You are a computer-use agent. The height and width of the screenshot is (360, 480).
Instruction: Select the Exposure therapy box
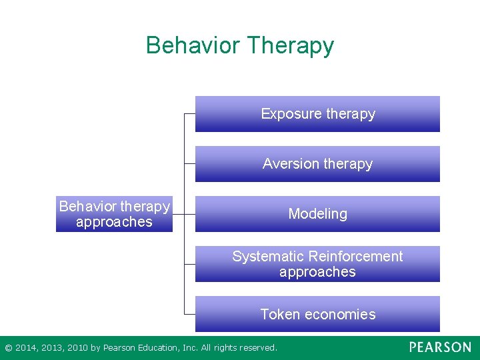[317, 114]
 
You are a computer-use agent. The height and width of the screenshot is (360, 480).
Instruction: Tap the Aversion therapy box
[317, 164]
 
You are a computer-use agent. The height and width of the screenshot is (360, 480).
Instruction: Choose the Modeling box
[317, 214]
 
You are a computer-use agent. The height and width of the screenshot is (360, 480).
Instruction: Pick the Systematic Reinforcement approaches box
[317, 264]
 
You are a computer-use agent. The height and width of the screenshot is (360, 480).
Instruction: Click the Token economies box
[317, 314]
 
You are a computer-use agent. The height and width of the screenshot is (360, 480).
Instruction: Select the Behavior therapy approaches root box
[114, 214]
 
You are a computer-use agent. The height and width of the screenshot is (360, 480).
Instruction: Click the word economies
[341, 315]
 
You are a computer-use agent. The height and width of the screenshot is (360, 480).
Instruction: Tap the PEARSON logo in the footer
[440, 347]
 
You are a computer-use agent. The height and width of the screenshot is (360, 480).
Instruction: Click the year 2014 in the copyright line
[27, 348]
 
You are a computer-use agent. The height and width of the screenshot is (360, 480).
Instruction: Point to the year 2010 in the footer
[76, 348]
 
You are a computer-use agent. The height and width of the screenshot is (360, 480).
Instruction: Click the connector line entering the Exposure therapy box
[189, 114]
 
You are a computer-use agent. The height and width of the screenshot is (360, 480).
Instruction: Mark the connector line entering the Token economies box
[189, 314]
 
